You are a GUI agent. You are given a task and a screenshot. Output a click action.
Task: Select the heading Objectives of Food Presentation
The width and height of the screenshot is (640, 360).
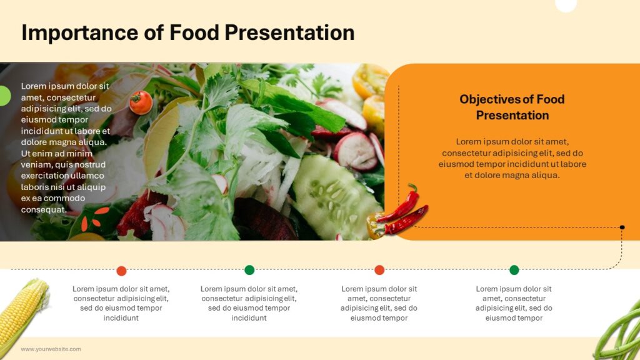(x=512, y=107)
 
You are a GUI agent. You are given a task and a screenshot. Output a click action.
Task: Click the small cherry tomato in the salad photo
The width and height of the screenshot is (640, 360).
(x=141, y=102)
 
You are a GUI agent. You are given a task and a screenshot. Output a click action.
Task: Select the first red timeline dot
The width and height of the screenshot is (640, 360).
(x=121, y=271)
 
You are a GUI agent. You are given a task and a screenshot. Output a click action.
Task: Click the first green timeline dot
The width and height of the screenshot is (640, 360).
(x=249, y=270)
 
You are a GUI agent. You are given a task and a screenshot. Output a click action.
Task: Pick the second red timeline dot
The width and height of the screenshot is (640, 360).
(x=379, y=270)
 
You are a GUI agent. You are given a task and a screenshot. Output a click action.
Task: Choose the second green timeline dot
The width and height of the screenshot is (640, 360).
(x=514, y=270)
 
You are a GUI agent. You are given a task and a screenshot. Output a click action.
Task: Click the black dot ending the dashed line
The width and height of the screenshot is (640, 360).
(x=622, y=227)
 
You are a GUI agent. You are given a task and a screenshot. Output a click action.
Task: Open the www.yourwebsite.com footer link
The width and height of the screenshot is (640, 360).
(x=51, y=349)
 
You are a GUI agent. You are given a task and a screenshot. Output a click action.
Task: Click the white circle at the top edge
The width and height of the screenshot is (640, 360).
(x=566, y=4)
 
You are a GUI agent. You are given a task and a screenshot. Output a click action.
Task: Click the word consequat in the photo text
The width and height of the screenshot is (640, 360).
(x=44, y=210)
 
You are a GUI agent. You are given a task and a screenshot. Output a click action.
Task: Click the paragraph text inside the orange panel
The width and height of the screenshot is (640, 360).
(x=512, y=159)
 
